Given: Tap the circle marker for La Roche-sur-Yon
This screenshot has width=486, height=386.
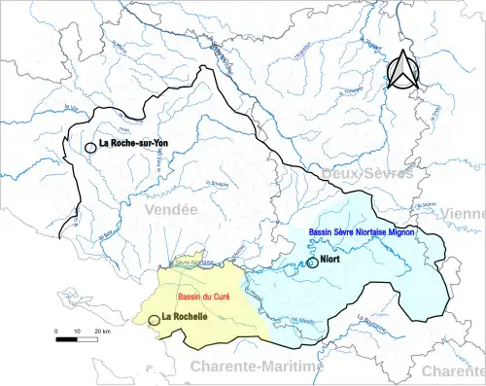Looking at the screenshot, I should [x=90, y=147].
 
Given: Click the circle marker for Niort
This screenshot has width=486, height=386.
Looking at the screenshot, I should [x=311, y=262].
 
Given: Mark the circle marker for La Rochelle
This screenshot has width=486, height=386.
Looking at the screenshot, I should [x=154, y=319].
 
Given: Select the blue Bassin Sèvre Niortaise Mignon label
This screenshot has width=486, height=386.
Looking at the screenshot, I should [x=362, y=232].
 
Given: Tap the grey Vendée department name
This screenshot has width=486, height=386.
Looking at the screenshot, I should [x=169, y=209].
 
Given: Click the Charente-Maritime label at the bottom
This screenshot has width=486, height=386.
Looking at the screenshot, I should [x=255, y=367].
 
